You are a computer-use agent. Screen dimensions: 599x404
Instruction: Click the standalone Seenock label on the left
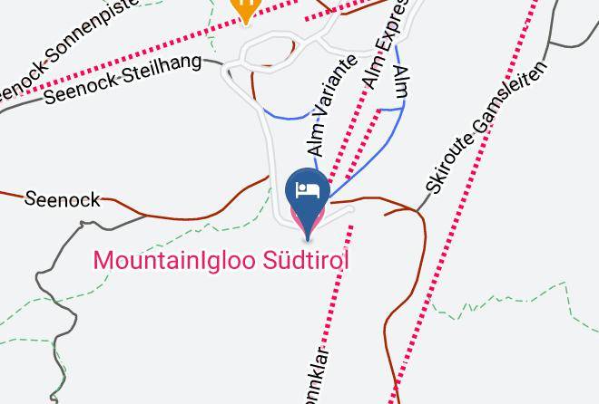point(62,198)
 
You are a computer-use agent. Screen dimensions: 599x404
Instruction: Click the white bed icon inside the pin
point(308,190)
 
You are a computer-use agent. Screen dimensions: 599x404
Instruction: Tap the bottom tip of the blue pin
point(308,238)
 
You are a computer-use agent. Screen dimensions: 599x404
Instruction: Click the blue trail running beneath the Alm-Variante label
point(290,117)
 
